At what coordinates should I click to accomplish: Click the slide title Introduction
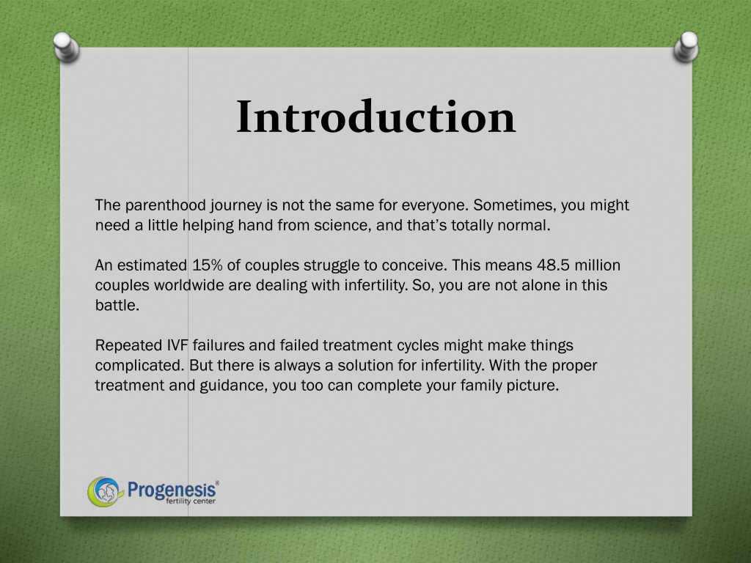[376, 117]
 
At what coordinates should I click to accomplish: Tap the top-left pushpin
[66, 47]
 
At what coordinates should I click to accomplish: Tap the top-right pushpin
[686, 47]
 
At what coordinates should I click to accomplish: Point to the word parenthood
[165, 205]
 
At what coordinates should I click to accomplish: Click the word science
[342, 226]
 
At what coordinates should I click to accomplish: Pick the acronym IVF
[177, 345]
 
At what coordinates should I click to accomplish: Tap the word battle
[117, 305]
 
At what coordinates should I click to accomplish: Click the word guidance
[233, 386]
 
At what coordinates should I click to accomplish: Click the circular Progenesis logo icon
[103, 492]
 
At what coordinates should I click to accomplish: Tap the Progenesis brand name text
[172, 490]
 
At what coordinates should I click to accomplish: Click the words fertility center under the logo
[191, 501]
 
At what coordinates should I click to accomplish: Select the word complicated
[140, 365]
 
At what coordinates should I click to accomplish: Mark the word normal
[524, 226]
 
